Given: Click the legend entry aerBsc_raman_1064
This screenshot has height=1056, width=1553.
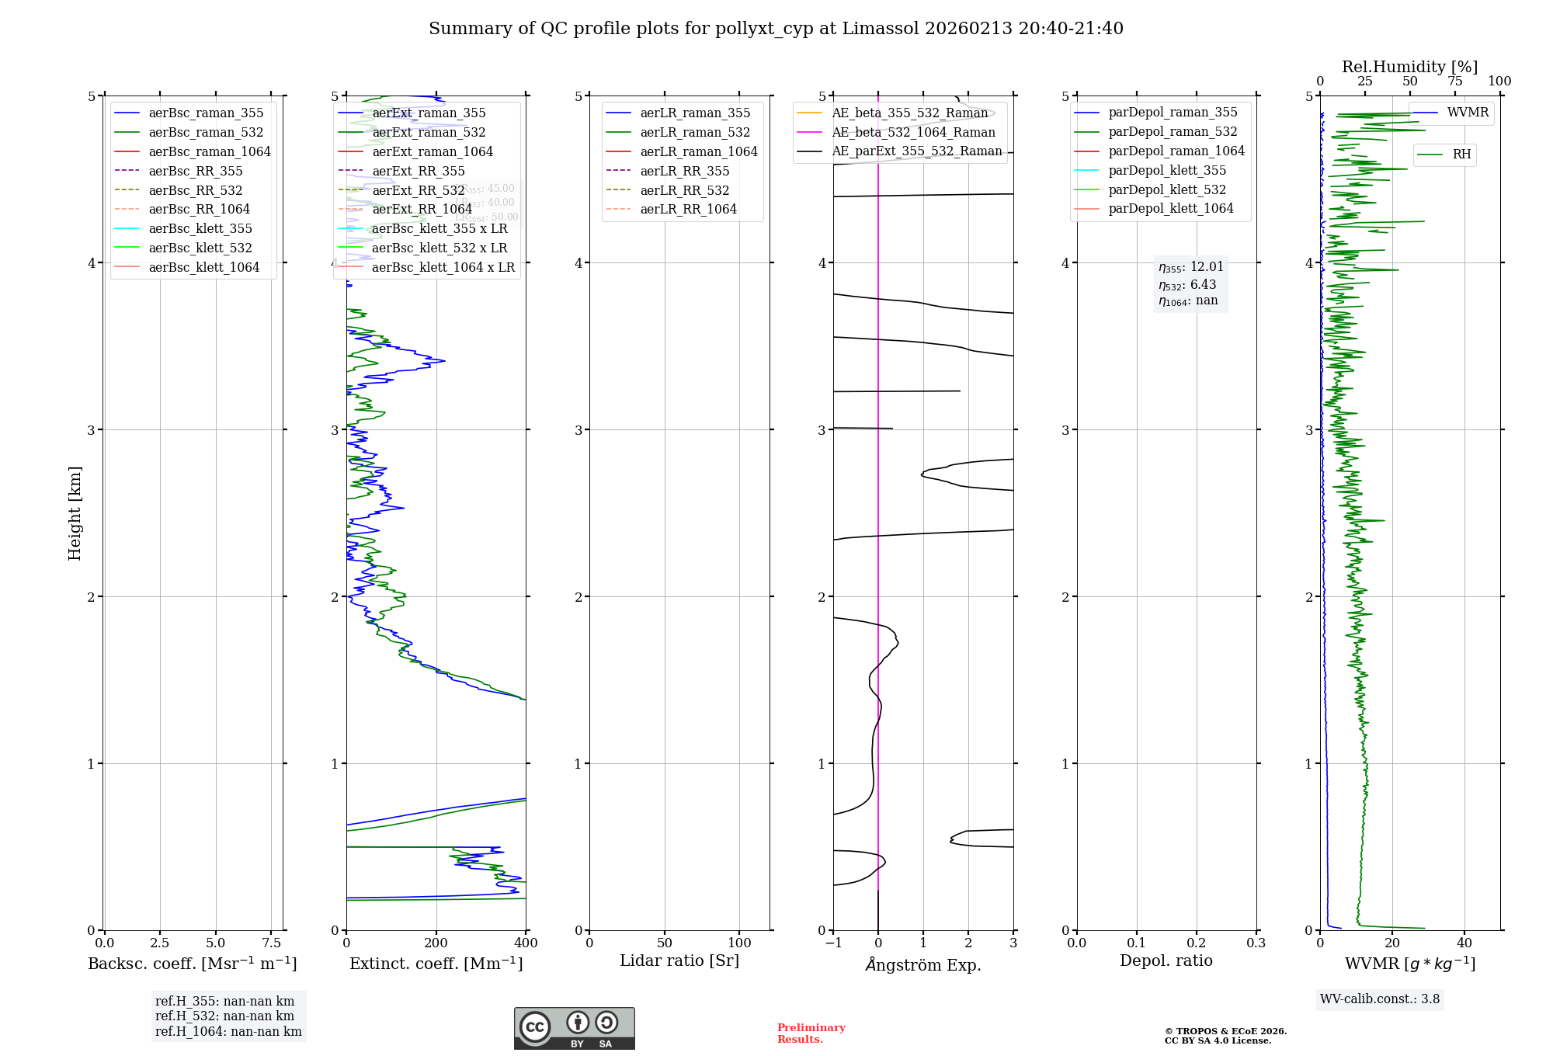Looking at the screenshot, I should [210, 151].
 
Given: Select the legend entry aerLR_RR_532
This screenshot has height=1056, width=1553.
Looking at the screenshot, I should [684, 190].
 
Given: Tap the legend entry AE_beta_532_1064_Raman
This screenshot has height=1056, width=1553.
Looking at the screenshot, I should [913, 132].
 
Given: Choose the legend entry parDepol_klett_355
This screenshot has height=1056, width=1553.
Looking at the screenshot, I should [1167, 170].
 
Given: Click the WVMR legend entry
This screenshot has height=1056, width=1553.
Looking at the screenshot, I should [1467, 113].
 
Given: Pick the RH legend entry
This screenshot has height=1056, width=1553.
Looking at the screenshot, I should [1461, 155].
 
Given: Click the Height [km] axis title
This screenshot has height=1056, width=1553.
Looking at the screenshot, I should [75, 513].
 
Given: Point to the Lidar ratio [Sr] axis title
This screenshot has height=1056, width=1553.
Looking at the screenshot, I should [679, 960].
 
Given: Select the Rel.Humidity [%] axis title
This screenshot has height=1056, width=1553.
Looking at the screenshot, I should [1409, 67].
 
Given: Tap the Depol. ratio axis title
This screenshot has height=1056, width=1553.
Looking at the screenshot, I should [1166, 960].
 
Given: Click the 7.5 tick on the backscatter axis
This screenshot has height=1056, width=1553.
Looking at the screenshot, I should [271, 943].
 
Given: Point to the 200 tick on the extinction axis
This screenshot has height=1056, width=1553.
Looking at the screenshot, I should [436, 943].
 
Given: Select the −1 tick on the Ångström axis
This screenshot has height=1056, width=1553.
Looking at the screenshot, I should [833, 943].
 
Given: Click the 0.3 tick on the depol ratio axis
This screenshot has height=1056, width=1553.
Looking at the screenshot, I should [1256, 943].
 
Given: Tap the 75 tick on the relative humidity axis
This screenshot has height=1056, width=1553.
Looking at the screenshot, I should [1454, 82].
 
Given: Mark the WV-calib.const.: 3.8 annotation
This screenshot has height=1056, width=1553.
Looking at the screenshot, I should [1380, 999].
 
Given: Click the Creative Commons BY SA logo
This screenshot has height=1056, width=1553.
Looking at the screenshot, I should [574, 1029].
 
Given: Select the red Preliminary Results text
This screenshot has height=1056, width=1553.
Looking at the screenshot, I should [811, 1033].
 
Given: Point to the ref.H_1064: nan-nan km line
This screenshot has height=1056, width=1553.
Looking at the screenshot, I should [228, 1032].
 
